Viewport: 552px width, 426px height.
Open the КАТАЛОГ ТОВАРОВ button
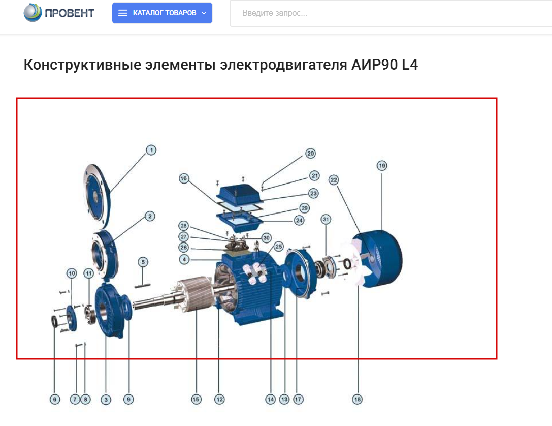162,13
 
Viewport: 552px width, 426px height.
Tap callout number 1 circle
151,150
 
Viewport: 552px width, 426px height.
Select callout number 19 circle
382,166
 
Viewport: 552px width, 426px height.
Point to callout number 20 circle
310,154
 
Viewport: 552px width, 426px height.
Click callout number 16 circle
184,178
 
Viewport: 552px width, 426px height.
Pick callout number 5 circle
143,262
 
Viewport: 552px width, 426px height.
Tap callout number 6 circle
54,399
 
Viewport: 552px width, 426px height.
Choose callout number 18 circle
358,399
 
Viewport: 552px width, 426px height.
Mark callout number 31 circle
326,220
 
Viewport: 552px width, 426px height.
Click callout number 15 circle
196,399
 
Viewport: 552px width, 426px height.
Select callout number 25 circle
278,247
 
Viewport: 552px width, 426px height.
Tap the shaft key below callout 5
143,286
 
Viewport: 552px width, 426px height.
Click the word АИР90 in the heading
374,65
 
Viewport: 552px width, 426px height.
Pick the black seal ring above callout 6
55,321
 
